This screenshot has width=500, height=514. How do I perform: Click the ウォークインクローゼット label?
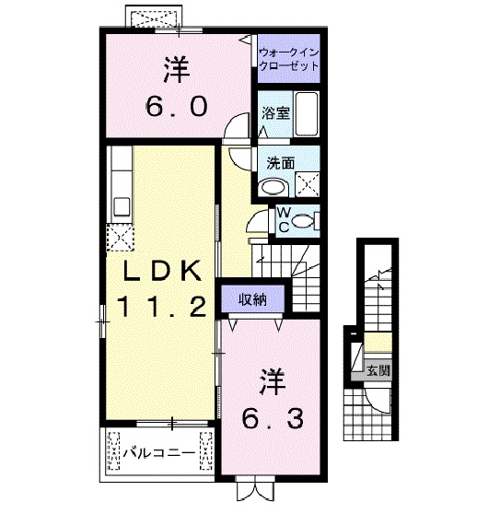coord(288,60)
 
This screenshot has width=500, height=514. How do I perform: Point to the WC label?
coord(284,218)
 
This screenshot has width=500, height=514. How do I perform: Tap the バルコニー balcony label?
coord(157,454)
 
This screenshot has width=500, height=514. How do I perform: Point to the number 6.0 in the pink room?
coord(173,104)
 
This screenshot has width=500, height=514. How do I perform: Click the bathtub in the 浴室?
coord(305,114)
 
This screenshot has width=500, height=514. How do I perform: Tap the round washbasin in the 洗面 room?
coord(274,187)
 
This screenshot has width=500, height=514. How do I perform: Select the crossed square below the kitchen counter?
coord(120,237)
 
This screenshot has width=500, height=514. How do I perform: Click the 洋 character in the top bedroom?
coord(174,68)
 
